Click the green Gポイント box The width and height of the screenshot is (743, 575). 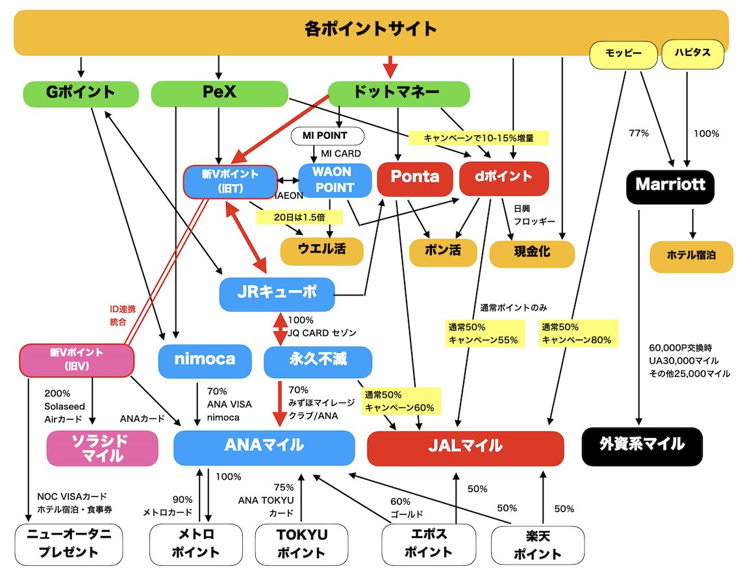click(81, 94)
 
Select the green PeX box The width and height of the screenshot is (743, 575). click(219, 94)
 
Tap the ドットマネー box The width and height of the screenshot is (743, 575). click(398, 94)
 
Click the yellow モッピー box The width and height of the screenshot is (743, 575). click(623, 54)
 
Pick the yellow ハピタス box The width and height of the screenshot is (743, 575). click(692, 54)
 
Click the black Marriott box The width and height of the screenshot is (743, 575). click(670, 185)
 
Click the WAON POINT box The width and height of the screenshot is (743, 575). click(334, 180)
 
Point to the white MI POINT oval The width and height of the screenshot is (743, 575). click(325, 136)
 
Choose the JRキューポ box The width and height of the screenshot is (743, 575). click(277, 294)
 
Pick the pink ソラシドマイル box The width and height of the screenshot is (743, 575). click(103, 448)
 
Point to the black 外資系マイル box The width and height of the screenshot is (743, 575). click(642, 446)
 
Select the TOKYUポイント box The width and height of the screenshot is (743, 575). click(301, 544)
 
